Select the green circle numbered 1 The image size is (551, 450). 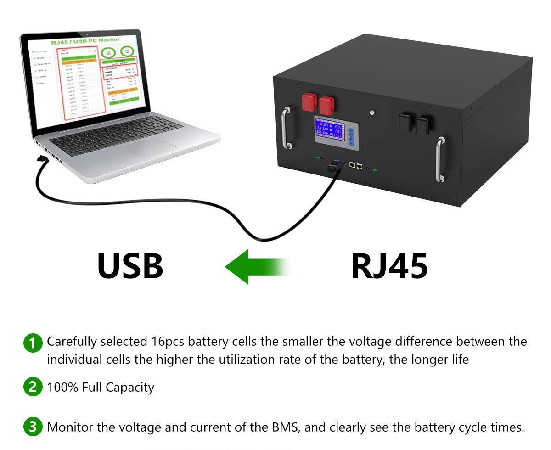(x=33, y=343)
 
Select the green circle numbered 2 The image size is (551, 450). (x=33, y=387)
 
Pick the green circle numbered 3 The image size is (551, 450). (x=33, y=427)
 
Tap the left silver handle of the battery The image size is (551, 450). (x=287, y=127)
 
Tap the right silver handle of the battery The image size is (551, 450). (x=439, y=158)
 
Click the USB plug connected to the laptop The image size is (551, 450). (x=42, y=159)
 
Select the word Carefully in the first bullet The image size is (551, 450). (x=72, y=342)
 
